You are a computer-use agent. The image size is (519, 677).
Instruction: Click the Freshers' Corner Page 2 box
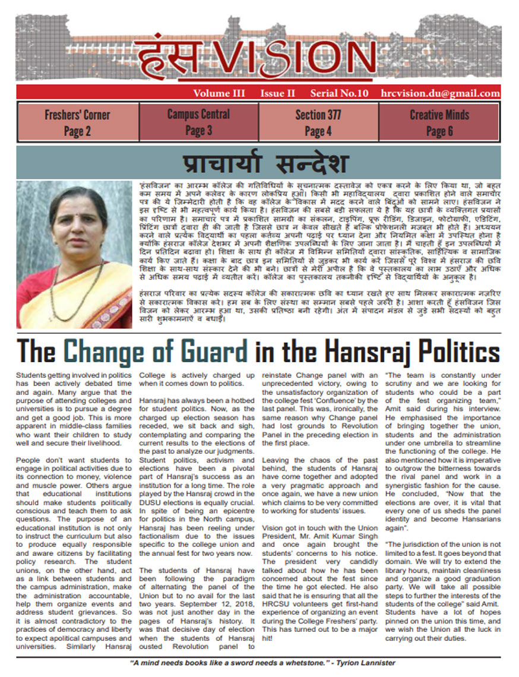click(x=77, y=122)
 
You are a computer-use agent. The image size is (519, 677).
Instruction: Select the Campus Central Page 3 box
click(x=198, y=122)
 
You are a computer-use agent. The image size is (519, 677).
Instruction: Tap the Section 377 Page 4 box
click(x=318, y=122)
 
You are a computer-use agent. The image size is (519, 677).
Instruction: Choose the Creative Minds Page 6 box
click(x=439, y=122)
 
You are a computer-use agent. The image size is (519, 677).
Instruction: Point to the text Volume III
click(x=220, y=93)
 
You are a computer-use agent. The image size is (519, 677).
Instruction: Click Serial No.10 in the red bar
click(x=339, y=93)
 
